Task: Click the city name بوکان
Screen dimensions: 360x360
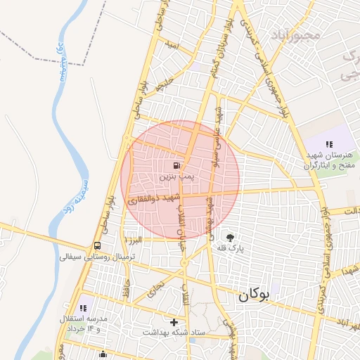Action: pyautogui.click(x=253, y=296)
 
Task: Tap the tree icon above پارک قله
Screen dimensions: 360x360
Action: pyautogui.click(x=230, y=237)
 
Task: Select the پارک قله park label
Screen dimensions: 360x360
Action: pyautogui.click(x=231, y=248)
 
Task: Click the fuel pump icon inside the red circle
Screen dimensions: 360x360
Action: pyautogui.click(x=174, y=166)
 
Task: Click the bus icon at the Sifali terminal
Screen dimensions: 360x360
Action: pyautogui.click(x=97, y=246)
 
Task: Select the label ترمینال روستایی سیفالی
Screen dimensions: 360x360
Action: pyautogui.click(x=97, y=257)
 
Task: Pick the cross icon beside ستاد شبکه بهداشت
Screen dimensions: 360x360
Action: pyautogui.click(x=174, y=322)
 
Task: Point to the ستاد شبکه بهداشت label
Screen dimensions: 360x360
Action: pyautogui.click(x=174, y=332)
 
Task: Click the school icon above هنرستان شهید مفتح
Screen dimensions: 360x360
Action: pyautogui.click(x=329, y=143)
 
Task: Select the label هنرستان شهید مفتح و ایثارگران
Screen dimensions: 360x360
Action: pyautogui.click(x=330, y=160)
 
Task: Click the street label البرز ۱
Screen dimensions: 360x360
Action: pyautogui.click(x=133, y=240)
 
